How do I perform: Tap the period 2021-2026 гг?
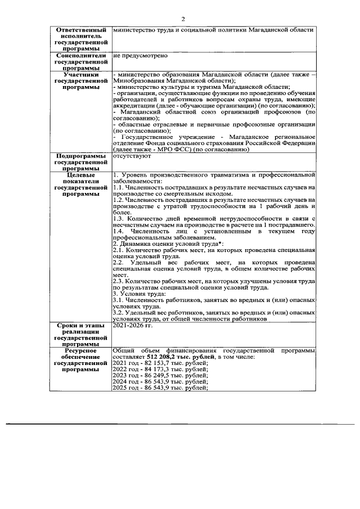(x=133, y=325)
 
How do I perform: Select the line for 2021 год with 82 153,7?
(x=152, y=364)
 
